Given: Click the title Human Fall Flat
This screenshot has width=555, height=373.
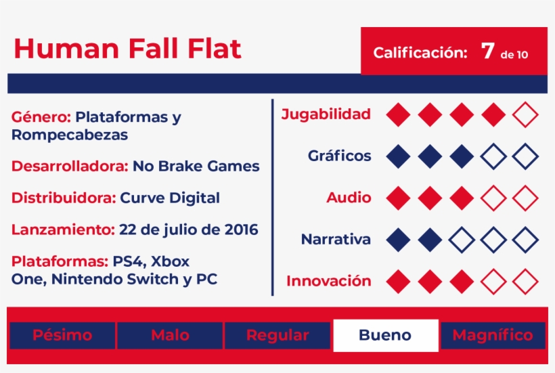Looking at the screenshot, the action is tap(127, 49).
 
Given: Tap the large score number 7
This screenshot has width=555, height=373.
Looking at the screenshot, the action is tap(487, 51).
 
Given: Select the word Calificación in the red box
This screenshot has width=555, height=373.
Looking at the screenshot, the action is tap(420, 53).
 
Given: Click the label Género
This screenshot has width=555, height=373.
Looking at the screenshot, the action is tap(41, 117).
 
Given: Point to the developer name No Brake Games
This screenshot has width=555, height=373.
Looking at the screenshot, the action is tap(196, 166).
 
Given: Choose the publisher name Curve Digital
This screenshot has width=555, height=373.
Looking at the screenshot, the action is tap(169, 198).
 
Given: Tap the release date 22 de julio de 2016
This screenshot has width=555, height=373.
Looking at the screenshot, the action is tap(188, 229).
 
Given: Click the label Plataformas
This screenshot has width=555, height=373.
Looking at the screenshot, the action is tap(60, 261).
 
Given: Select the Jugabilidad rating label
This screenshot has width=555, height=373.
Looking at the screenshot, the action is tap(326, 114).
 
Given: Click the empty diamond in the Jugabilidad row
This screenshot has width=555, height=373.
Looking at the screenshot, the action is tap(525, 114).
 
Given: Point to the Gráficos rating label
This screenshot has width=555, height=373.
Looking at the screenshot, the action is tap(340, 156).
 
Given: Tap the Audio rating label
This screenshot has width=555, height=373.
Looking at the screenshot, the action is tap(349, 198).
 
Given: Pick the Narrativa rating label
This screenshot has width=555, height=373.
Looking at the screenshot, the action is tap(336, 239).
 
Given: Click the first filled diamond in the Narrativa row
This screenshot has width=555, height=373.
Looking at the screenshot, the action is tap(398, 240).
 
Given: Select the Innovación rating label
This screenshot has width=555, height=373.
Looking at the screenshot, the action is tap(329, 281).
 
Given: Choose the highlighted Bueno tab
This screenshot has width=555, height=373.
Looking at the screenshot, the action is tap(386, 335).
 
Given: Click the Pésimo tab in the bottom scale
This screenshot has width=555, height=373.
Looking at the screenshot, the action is tap(62, 335).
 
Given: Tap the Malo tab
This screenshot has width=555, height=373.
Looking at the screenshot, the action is tap(170, 335).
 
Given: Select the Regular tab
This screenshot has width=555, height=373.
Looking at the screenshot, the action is tap(277, 335).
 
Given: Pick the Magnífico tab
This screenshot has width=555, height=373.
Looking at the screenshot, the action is tap(493, 335).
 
